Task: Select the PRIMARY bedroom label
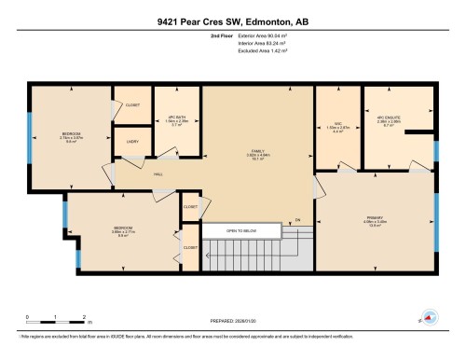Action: [376, 220]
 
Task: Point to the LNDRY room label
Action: [132, 142]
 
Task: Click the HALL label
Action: [134, 173]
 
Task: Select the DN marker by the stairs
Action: [297, 220]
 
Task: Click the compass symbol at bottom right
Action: [432, 316]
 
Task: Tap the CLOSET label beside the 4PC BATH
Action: [132, 104]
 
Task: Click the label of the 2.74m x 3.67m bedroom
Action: [72, 134]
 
